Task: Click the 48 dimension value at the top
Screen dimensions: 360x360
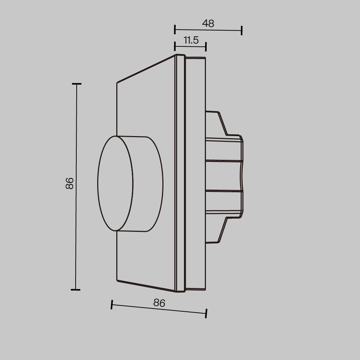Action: point(208,23)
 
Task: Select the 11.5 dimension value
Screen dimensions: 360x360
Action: point(191,40)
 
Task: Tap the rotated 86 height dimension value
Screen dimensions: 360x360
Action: point(70,183)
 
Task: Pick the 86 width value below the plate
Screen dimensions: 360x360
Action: point(159,303)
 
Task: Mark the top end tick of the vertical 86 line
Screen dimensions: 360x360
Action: point(76,84)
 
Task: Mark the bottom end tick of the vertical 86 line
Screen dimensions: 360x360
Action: point(75,289)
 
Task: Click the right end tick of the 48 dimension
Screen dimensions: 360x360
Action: point(242,31)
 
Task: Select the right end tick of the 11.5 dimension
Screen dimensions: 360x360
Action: point(206,46)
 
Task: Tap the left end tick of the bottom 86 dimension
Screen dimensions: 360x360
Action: point(112,305)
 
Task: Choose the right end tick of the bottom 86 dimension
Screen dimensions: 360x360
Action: point(206,313)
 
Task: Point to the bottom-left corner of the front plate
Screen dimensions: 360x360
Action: point(118,280)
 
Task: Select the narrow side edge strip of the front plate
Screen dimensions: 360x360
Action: point(176,173)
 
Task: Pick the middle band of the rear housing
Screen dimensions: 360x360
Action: point(223,175)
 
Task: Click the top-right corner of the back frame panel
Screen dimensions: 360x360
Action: point(205,58)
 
